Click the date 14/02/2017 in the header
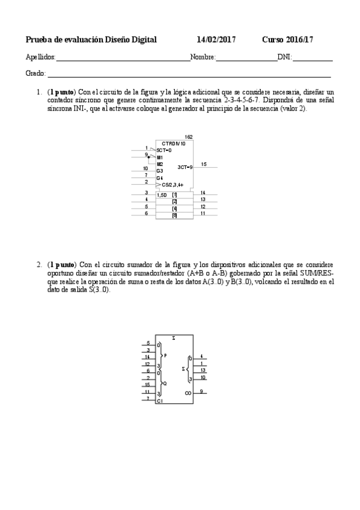(216, 40)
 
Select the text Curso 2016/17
(287, 40)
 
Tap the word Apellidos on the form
(40, 58)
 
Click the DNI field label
(284, 58)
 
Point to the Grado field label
(35, 73)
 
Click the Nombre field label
(203, 58)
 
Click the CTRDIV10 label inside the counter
(174, 144)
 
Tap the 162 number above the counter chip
(188, 137)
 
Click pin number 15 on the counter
(204, 164)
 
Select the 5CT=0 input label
(163, 150)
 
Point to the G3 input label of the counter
(160, 171)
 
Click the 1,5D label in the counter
(162, 195)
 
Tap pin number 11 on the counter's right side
(203, 213)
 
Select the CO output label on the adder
(188, 392)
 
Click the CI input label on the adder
(159, 401)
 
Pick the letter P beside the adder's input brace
(165, 355)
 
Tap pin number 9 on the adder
(202, 390)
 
